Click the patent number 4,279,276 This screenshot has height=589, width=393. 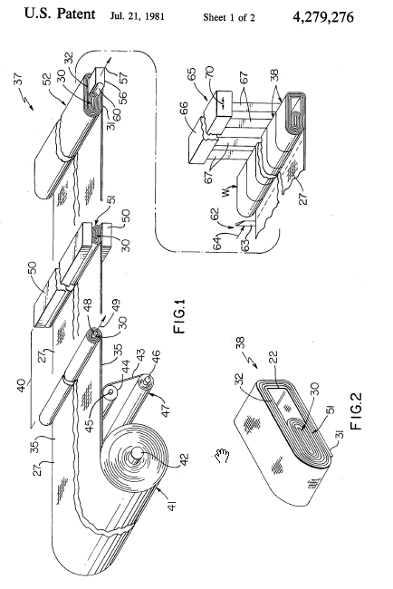pos(322,17)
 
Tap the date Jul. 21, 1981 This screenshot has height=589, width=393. pos(138,16)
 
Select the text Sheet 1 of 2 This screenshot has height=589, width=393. pos(229,17)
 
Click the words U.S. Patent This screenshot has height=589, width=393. pos(60,14)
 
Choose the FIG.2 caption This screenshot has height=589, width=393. pos(356,411)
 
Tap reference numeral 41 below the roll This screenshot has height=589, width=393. pos(173,504)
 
